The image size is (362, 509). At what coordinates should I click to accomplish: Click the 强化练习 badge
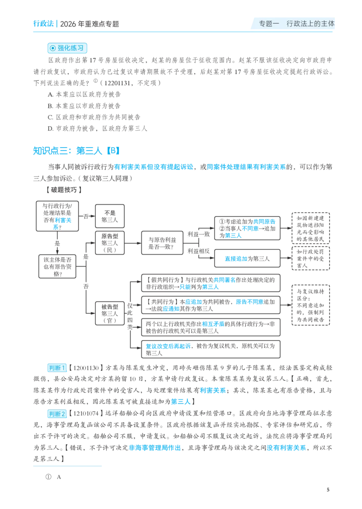(x=67, y=48)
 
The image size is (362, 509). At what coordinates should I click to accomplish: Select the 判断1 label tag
(x=57, y=368)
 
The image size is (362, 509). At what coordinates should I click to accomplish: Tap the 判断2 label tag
(x=57, y=413)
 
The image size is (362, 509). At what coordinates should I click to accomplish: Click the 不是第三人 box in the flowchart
(x=110, y=216)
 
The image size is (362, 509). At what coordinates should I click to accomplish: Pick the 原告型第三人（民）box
(x=110, y=243)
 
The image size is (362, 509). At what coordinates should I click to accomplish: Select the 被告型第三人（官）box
(x=110, y=313)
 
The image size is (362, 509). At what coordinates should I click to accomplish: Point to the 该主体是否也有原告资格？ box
(x=57, y=267)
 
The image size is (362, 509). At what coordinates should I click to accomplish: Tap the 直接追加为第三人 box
(x=247, y=259)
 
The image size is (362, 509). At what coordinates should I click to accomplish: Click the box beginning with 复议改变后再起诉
(x=210, y=349)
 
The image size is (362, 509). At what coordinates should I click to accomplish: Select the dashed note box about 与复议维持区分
(x=310, y=305)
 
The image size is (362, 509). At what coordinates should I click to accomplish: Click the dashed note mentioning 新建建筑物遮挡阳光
(x=310, y=228)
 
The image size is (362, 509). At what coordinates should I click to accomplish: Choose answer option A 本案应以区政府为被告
(x=84, y=95)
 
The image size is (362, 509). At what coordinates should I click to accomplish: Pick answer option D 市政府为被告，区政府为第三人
(x=97, y=129)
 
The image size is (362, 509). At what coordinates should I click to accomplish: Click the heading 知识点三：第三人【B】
(x=76, y=151)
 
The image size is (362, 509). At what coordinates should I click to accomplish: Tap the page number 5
(x=328, y=490)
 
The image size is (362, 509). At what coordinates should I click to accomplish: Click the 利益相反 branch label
(x=199, y=251)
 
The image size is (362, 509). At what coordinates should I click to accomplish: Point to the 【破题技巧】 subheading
(x=63, y=190)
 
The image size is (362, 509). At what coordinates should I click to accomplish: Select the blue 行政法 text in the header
(x=43, y=24)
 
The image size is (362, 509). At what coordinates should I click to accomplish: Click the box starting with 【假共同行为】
(x=210, y=283)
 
